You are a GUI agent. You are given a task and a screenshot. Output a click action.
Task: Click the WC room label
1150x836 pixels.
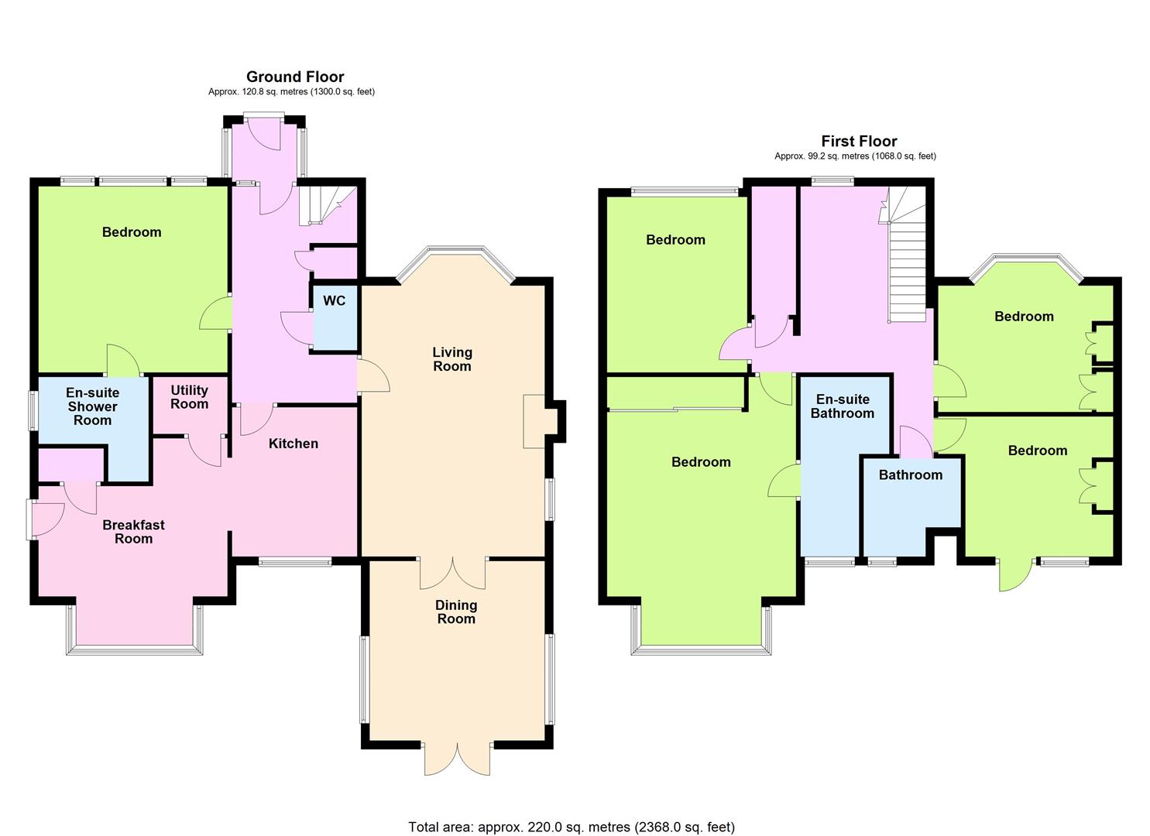coord(335,301)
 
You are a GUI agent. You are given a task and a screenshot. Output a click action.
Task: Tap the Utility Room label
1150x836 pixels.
coord(190,397)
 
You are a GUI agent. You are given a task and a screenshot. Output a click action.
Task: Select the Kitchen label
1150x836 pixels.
coord(294,444)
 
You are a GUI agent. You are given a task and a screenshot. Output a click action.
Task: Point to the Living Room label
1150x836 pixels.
coord(451,359)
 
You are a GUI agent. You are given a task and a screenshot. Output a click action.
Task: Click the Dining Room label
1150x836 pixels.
coord(456,612)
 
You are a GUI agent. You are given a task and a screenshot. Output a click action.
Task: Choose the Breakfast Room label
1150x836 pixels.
coord(133,532)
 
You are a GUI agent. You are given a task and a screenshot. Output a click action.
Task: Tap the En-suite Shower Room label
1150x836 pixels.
coord(92,406)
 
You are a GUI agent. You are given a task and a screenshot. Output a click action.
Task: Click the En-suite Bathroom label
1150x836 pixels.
coord(843,406)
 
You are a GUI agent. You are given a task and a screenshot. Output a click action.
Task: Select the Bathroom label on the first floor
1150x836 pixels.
coord(910,475)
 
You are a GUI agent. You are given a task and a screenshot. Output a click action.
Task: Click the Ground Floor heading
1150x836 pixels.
coord(295,77)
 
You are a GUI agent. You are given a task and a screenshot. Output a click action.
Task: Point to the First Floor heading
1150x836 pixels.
coord(859,141)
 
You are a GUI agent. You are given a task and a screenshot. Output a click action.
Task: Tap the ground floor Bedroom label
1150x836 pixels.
coord(132,232)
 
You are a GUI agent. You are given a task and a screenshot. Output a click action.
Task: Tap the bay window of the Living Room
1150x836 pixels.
coord(455,262)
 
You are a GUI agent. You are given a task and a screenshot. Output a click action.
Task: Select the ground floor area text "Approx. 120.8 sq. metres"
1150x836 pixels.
coord(258,92)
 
